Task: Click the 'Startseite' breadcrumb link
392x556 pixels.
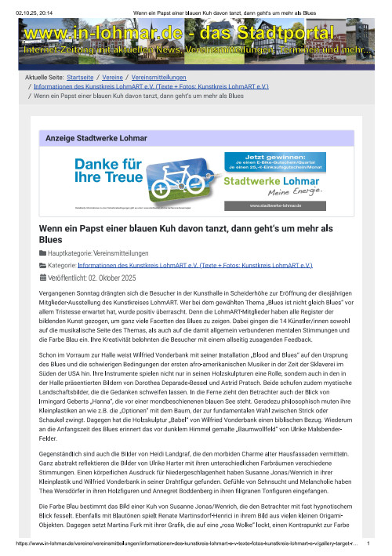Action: coord(81,78)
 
